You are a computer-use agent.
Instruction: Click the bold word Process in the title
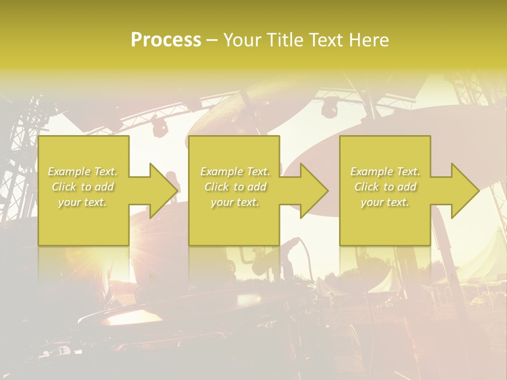166,40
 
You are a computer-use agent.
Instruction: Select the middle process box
234,227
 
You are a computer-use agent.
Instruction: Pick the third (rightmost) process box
384,227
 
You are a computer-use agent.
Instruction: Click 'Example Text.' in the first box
83,172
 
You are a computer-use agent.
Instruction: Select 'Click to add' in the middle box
235,187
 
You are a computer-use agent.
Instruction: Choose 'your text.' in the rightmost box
385,202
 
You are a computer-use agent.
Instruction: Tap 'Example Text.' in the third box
385,172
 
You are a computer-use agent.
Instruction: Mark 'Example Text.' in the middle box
235,172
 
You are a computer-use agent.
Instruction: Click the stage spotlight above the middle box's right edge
330,108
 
